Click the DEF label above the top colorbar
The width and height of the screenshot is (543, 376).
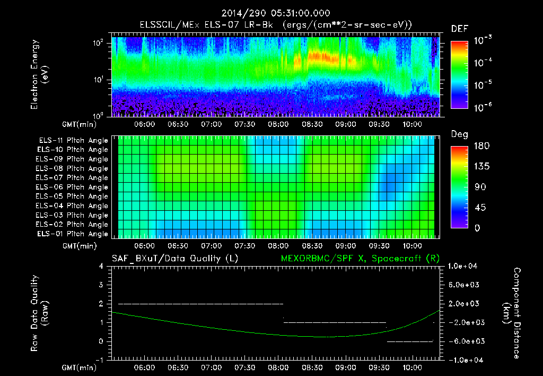[459, 29]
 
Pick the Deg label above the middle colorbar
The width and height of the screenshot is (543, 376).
[459, 134]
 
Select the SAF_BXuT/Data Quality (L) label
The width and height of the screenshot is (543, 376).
[174, 258]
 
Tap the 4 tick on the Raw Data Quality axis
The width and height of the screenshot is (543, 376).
[101, 266]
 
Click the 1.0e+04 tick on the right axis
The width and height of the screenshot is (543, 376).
[465, 266]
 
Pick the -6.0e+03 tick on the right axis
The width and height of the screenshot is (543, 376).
[465, 341]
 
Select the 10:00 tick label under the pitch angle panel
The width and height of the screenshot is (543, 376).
[413, 246]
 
